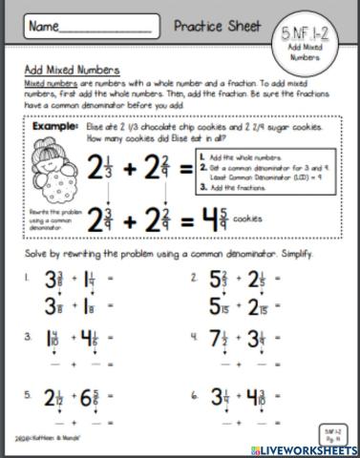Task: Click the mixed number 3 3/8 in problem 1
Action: pos(56,282)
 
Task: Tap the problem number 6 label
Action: pos(194,393)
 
